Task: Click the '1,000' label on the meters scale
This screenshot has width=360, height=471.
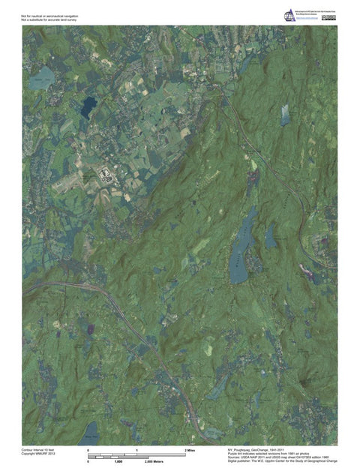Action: (118, 460)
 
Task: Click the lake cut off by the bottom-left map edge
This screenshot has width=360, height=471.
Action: (90, 431)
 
